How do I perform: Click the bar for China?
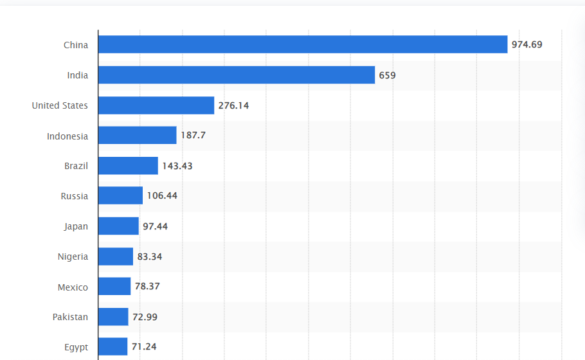tap(302, 44)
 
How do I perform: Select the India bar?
tap(236, 75)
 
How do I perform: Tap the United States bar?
tap(156, 105)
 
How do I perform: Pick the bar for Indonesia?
tap(137, 136)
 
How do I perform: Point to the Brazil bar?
tap(128, 166)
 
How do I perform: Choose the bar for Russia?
tap(120, 196)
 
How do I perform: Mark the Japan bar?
tap(118, 226)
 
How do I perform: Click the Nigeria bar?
tap(116, 256)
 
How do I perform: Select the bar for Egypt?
tap(113, 347)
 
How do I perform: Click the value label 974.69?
tap(526, 44)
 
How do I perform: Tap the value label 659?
tap(387, 75)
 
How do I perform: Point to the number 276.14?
tap(233, 105)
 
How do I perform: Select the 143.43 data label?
tap(177, 166)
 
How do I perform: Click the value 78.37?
tap(147, 287)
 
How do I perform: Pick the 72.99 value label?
tap(145, 317)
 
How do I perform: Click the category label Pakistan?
tap(70, 317)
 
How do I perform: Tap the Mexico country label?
tap(73, 287)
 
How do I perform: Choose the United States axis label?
tap(60, 105)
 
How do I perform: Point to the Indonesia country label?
tap(67, 136)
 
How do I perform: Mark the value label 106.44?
tap(162, 196)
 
